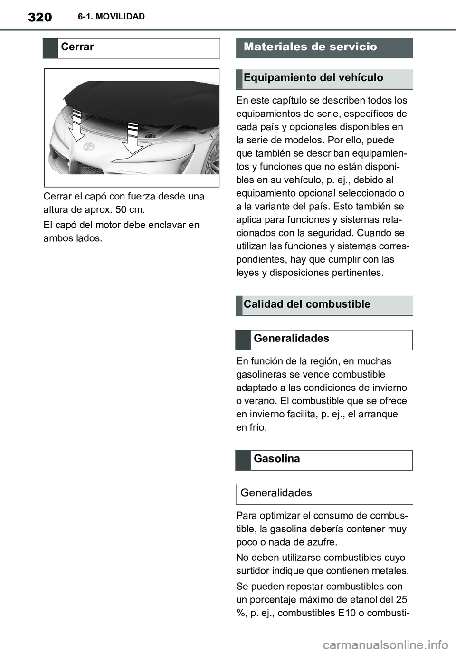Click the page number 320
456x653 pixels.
(x=40, y=18)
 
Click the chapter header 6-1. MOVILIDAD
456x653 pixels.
(x=112, y=17)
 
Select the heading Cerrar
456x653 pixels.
(x=77, y=47)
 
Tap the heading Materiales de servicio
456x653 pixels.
(x=310, y=47)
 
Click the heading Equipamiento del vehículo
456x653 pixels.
(x=313, y=78)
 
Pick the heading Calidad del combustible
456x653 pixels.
(x=307, y=304)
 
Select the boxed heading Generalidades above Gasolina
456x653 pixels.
(x=291, y=339)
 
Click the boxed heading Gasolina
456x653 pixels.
(x=276, y=459)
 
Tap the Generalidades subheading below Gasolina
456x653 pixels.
(x=276, y=493)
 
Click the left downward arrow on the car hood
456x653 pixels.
(x=76, y=125)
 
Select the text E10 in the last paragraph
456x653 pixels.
(x=347, y=613)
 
